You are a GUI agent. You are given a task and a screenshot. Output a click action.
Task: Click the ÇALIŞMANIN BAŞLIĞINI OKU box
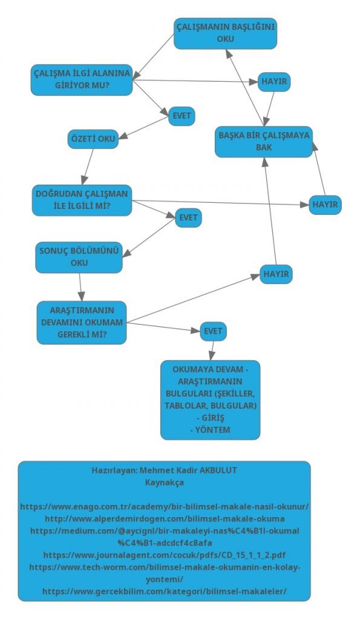[x=225, y=33]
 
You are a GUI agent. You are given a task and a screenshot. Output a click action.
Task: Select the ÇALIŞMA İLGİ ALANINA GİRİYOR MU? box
[x=82, y=79]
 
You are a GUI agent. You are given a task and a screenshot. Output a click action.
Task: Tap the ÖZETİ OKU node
[x=93, y=139]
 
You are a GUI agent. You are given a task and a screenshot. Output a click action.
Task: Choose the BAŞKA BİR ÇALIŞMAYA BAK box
[x=264, y=142]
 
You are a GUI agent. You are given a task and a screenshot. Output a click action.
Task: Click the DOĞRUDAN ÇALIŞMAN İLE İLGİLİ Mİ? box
[x=82, y=200]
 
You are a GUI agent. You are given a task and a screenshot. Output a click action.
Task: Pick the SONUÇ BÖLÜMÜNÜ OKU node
[x=79, y=257]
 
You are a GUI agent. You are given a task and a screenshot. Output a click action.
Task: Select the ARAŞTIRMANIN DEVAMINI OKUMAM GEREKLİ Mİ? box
[x=82, y=322]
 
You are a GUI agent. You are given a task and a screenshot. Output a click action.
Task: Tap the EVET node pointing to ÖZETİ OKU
[x=182, y=116]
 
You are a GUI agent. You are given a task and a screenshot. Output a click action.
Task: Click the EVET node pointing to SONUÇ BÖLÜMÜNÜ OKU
[x=189, y=218]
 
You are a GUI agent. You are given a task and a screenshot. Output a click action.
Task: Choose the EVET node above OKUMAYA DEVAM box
[x=214, y=331]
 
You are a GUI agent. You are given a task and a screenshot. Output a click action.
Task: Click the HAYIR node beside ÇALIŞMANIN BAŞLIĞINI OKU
[x=274, y=82]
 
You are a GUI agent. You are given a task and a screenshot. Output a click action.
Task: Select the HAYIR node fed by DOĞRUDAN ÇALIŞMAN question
[x=326, y=205]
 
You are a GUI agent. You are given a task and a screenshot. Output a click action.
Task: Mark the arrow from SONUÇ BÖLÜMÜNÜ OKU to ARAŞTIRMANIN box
[x=80, y=287]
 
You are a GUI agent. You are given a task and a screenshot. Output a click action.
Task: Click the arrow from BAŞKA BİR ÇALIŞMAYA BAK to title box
[x=245, y=88]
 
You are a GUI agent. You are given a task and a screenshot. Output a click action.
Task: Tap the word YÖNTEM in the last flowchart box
[x=212, y=429]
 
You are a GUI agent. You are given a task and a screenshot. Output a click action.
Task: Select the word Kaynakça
[x=165, y=483]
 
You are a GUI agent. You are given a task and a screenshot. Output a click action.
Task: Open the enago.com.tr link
[x=165, y=507]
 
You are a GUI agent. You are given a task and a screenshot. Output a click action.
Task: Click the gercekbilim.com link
[x=165, y=591]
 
